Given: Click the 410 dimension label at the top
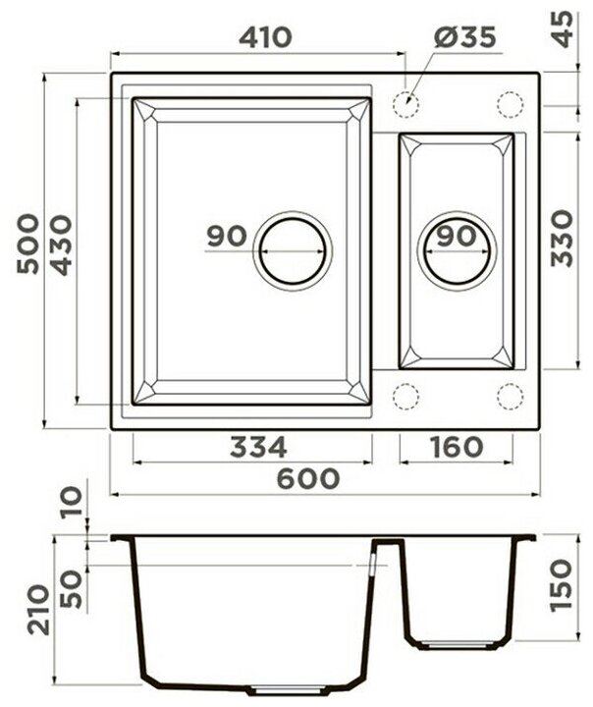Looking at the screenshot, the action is (265, 37).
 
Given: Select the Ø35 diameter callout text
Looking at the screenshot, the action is (465, 37).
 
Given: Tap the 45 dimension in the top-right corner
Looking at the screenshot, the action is (563, 29).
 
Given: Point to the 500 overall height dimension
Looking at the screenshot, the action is (27, 244).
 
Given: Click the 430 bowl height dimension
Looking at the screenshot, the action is (61, 245).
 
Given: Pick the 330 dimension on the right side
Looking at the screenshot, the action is (563, 238).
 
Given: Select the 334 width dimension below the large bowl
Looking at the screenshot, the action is (258, 448).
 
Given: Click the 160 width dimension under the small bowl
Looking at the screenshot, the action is (457, 448).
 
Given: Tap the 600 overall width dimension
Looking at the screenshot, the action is (307, 478).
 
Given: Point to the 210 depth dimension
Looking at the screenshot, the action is (38, 610).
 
